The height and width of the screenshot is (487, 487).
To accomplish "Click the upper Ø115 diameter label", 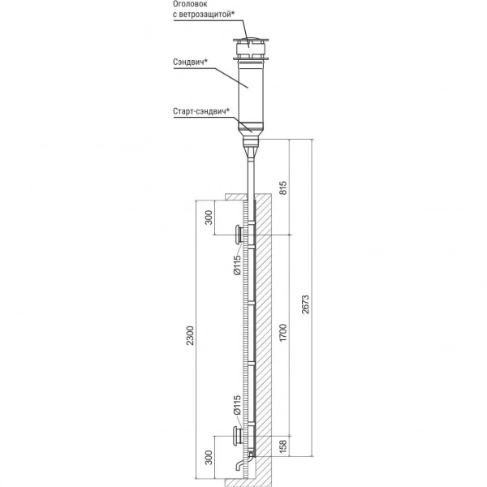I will pos(236,266).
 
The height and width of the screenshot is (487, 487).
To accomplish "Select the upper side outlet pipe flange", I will pos(235,235).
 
